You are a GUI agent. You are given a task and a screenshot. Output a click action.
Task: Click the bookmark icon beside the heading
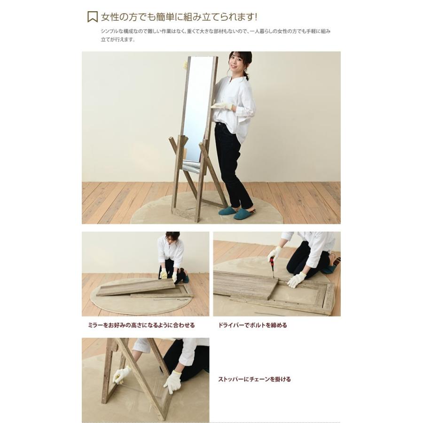click(93, 17)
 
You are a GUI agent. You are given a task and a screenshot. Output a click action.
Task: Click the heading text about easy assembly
click(179, 17)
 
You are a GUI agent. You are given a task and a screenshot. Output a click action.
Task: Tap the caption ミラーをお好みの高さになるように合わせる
click(141, 325)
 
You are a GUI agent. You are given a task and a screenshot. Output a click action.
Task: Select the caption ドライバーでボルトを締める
click(252, 325)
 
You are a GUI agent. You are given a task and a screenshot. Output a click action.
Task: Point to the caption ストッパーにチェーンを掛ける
click(254, 379)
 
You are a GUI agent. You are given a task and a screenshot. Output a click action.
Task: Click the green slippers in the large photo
click(236, 212)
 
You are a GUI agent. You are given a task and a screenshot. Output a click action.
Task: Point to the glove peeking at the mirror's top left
click(185, 65)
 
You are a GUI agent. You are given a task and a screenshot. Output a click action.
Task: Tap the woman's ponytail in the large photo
click(247, 75)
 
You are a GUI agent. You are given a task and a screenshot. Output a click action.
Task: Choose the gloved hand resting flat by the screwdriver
click(297, 280)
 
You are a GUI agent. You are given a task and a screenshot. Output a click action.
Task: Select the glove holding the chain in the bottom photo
click(121, 375)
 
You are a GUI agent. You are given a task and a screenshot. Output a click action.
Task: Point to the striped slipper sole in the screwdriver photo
click(337, 261)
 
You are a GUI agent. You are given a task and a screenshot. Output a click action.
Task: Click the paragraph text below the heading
click(216, 35)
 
